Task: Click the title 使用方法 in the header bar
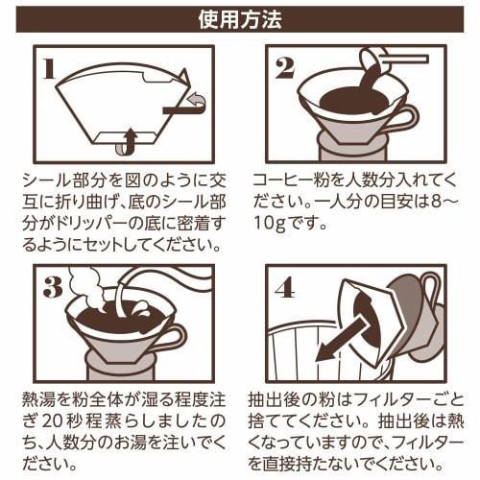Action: click(239, 18)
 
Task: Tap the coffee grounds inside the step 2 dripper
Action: click(348, 102)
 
